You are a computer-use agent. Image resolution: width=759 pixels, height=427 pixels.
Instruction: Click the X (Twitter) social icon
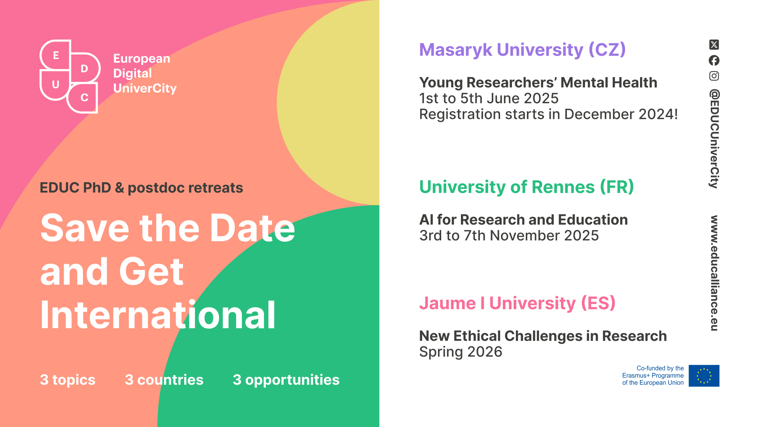click(x=714, y=45)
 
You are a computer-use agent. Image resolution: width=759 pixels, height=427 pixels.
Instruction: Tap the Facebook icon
click(x=714, y=60)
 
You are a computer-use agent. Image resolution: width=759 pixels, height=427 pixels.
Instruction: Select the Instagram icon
click(x=714, y=76)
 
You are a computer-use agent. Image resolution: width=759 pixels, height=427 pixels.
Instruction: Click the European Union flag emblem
click(x=704, y=376)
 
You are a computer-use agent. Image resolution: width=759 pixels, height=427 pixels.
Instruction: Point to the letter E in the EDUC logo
click(x=56, y=55)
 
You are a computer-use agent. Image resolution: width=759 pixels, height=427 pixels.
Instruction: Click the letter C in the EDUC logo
click(x=84, y=98)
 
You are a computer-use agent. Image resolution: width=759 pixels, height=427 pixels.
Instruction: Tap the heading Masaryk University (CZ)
click(x=522, y=50)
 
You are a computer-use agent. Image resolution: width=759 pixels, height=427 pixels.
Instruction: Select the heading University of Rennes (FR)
click(x=527, y=187)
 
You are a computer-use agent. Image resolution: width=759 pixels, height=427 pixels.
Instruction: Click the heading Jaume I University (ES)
click(x=517, y=303)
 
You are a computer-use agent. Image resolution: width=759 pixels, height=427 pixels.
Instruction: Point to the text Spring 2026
click(x=461, y=352)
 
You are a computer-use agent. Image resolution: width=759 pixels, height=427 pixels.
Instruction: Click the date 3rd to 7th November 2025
click(x=509, y=236)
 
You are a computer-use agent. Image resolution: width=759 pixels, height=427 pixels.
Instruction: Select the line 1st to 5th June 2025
click(x=489, y=98)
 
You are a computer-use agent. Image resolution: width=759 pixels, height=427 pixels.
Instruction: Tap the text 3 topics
click(x=68, y=380)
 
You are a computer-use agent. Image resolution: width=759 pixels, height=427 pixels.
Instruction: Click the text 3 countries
click(x=164, y=380)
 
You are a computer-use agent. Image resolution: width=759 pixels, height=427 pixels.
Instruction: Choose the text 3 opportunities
click(x=286, y=380)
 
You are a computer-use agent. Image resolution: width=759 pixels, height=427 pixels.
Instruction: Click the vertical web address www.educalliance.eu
click(x=714, y=273)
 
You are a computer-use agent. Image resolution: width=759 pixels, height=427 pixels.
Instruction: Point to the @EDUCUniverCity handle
click(x=714, y=139)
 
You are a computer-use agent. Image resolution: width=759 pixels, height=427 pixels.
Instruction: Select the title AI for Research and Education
click(x=523, y=220)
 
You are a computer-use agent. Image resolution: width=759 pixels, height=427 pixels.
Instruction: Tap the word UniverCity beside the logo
click(x=145, y=88)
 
